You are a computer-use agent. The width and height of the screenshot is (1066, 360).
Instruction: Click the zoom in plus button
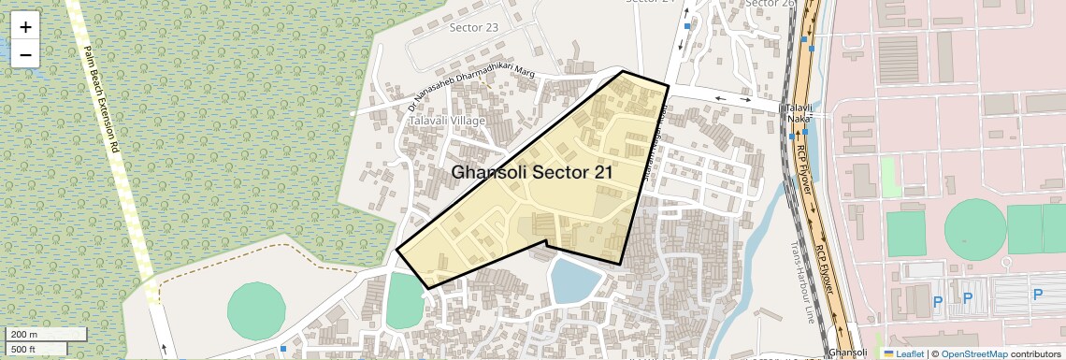pyautogui.click(x=25, y=27)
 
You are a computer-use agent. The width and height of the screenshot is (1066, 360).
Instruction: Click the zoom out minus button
pyautogui.click(x=25, y=54)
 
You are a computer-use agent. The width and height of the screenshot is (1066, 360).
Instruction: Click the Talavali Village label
pyautogui.click(x=447, y=122)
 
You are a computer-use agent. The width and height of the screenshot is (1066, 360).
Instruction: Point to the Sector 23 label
pyautogui.click(x=474, y=27)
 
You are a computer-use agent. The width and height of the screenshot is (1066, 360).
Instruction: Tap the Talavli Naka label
pyautogui.click(x=798, y=113)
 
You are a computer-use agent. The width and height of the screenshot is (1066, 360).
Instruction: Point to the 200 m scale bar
pyautogui.click(x=46, y=334)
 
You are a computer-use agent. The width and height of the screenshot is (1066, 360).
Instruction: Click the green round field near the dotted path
pyautogui.click(x=255, y=305)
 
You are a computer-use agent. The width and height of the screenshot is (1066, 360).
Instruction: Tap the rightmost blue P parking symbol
pyautogui.click(x=1037, y=295)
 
